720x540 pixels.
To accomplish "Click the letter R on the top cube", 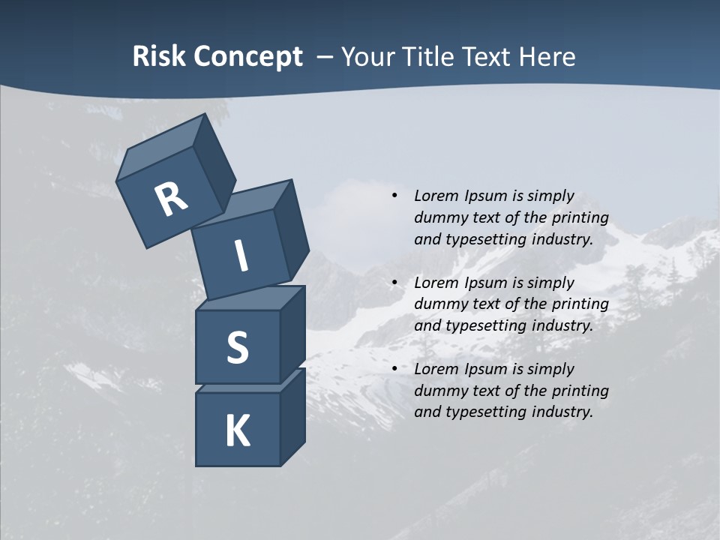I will pos(171,199).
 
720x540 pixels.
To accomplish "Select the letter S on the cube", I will pos(237,347).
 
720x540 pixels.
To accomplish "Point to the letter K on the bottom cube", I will pos(237,431).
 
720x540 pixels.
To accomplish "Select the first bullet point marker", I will pos(394,196).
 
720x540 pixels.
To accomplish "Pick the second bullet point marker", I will pos(394,283).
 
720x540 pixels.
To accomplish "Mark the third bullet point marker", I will pos(394,369).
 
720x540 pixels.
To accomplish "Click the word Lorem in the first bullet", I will pos(434,196).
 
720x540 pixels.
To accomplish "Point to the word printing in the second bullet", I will pos(580,304).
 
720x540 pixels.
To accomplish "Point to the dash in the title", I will pos(325,57).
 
